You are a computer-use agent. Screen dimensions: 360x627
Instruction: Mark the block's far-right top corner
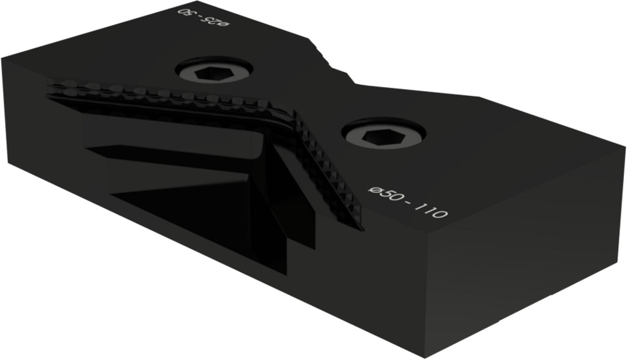(x=624, y=149)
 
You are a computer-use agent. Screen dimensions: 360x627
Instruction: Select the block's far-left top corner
(x=3, y=58)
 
